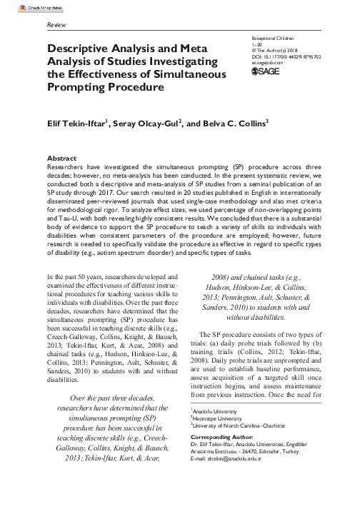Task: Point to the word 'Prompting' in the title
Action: click(78, 88)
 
